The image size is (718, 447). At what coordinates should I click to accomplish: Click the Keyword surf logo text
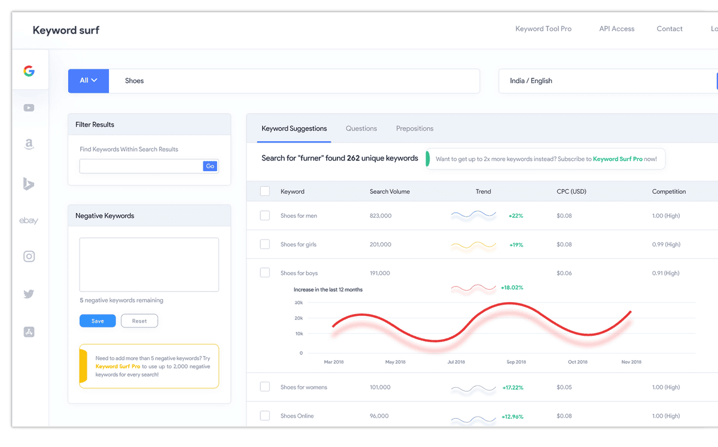(66, 30)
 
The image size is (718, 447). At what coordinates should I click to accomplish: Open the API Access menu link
(616, 29)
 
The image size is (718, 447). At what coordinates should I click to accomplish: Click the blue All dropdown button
(89, 81)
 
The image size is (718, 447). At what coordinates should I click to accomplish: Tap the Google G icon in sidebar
(29, 71)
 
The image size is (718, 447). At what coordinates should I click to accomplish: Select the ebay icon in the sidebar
(29, 221)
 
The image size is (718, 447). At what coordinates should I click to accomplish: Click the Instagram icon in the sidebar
(29, 257)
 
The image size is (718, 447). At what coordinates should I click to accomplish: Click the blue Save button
(98, 321)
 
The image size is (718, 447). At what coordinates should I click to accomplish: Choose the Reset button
(139, 321)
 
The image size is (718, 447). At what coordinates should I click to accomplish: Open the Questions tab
(361, 129)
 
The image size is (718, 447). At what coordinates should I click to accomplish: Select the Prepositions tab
(415, 129)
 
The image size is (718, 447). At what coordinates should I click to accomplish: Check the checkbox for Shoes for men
(265, 215)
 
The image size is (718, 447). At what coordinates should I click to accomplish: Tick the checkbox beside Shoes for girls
(265, 244)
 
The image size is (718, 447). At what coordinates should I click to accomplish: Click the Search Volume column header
(390, 191)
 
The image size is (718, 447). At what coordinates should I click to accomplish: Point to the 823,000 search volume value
(381, 215)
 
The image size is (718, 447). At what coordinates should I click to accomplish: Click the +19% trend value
(516, 245)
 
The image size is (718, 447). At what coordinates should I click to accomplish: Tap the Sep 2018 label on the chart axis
(516, 362)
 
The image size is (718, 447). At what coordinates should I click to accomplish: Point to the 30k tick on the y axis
(299, 303)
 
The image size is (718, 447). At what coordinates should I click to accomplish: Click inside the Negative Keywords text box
(149, 264)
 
